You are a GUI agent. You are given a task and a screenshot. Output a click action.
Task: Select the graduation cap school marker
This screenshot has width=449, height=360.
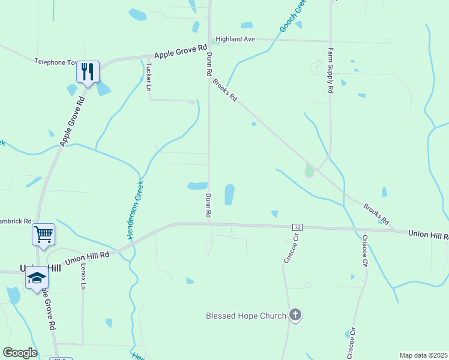[x=37, y=277]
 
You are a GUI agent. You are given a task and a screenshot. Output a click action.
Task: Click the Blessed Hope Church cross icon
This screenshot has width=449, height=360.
[x=295, y=315]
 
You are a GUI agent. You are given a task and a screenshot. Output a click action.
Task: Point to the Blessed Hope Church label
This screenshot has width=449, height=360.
[x=246, y=316]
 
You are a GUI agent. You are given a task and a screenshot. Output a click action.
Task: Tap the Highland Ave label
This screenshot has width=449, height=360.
[x=235, y=39]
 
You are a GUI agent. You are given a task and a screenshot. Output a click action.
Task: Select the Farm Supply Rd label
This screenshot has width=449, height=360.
[x=330, y=71]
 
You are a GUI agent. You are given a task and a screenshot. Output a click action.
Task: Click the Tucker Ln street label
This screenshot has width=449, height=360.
[x=148, y=76]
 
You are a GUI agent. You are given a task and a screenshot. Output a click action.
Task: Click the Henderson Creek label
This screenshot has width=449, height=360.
[x=136, y=211]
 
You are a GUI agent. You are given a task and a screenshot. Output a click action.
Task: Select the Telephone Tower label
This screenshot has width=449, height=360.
[x=56, y=62]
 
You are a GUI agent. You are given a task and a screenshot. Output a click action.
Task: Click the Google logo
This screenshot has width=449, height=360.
[x=20, y=353]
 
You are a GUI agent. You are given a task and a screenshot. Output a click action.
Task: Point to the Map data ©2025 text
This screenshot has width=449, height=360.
[x=424, y=355]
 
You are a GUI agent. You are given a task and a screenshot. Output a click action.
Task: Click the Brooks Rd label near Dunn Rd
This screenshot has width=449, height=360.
[x=225, y=89]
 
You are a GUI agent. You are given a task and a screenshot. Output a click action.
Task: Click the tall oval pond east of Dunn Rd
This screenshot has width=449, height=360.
[x=229, y=194]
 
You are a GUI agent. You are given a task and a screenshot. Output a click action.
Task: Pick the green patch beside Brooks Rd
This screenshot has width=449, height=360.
[x=309, y=171]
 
